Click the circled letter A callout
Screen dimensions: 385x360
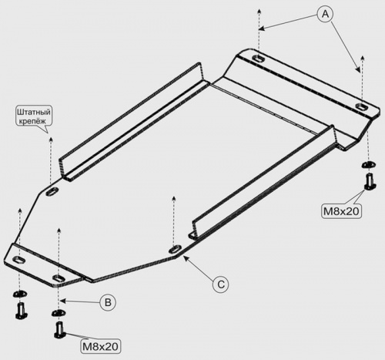click(x=325, y=14)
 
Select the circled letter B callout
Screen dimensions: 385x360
click(x=108, y=302)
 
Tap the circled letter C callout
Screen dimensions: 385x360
click(x=221, y=284)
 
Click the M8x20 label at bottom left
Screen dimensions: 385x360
click(x=100, y=347)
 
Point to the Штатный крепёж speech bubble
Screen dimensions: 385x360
click(x=34, y=116)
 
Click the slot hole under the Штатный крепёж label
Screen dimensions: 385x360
click(x=52, y=191)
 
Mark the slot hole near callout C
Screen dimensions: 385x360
click(x=175, y=249)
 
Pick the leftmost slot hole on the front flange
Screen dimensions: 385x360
click(x=19, y=260)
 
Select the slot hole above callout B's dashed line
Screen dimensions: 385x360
click(x=59, y=278)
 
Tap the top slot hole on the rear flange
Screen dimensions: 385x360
click(x=259, y=59)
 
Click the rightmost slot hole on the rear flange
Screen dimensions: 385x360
click(x=362, y=107)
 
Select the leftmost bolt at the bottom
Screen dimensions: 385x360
click(x=22, y=311)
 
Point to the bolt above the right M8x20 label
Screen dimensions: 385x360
click(x=370, y=181)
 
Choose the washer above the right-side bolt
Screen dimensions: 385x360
click(x=369, y=164)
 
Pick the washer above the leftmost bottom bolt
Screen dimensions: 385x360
click(x=20, y=294)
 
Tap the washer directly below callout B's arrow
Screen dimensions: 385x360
click(x=59, y=313)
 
